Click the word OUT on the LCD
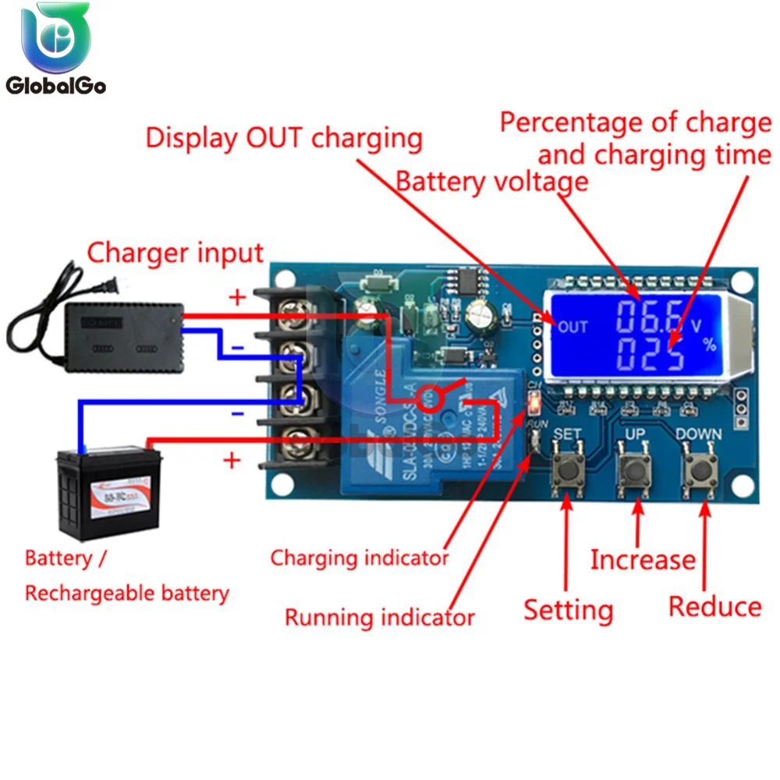pyautogui.click(x=573, y=327)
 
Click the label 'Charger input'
pyautogui.click(x=175, y=253)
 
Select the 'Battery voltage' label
pyautogui.click(x=491, y=182)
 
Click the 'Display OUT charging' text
pyautogui.click(x=284, y=138)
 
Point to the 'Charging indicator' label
pyautogui.click(x=360, y=558)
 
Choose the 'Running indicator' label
pyautogui.click(x=379, y=618)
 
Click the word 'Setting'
pyautogui.click(x=568, y=609)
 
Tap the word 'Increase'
pyautogui.click(x=642, y=559)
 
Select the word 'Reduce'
pyautogui.click(x=714, y=607)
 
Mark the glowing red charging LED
pyautogui.click(x=534, y=402)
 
